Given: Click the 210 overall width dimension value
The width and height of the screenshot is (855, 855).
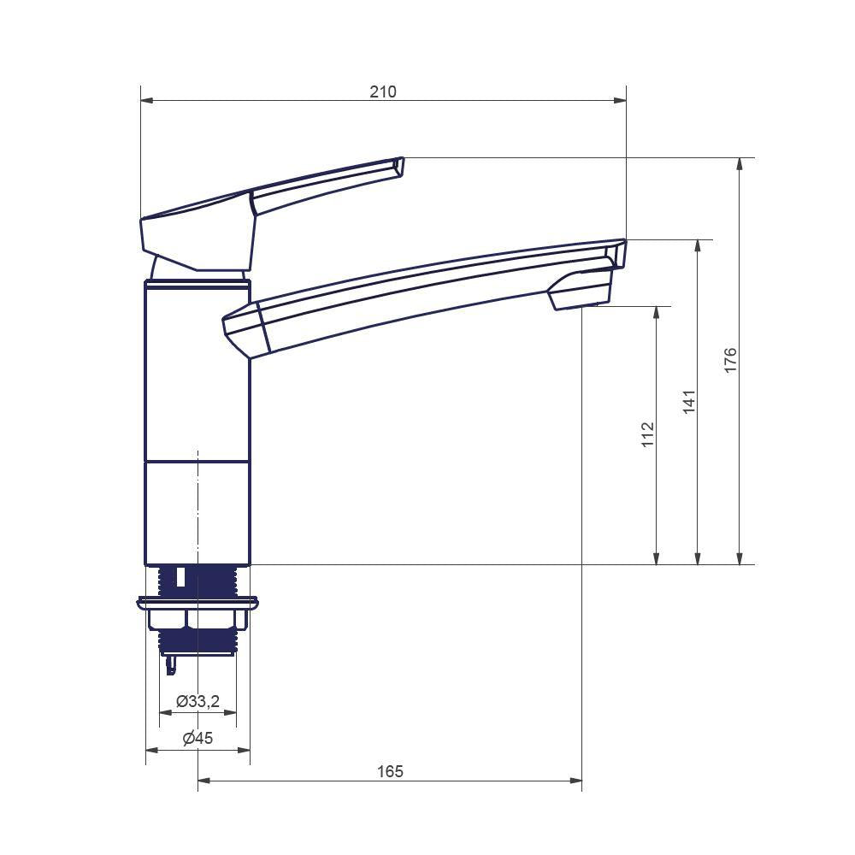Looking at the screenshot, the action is point(383,91).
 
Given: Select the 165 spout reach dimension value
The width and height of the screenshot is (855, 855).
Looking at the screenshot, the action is point(390,771).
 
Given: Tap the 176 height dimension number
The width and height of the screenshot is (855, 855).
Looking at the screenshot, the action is point(730,360).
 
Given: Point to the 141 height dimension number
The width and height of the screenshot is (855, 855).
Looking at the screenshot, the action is point(689,401).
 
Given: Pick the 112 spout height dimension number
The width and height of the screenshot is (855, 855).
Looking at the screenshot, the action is point(647,434).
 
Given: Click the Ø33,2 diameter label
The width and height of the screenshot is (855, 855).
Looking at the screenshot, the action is point(198,701).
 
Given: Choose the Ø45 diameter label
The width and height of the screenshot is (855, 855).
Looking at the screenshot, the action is point(198,739).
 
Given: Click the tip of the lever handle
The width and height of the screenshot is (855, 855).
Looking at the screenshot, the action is point(400,167).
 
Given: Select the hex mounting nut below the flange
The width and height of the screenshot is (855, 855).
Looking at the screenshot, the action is point(198,619).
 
